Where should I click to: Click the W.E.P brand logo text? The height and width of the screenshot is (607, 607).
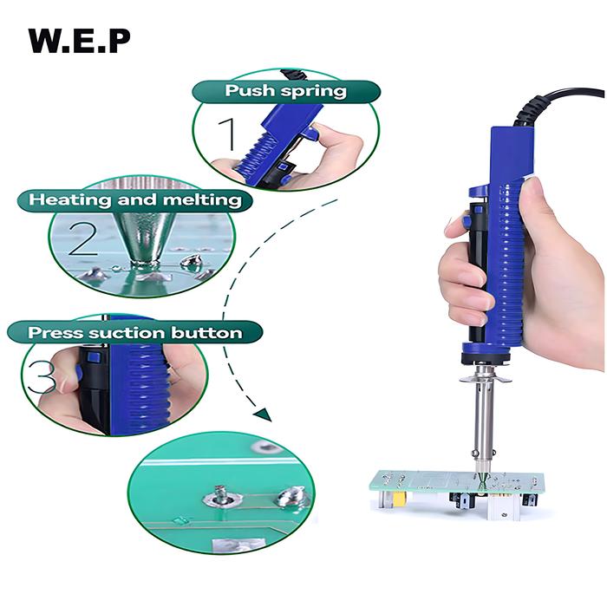(x=79, y=40)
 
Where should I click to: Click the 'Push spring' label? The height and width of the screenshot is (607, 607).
(x=285, y=91)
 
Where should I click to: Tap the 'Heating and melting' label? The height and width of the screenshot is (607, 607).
(x=135, y=199)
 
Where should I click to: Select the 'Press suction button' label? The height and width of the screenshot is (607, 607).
(x=134, y=332)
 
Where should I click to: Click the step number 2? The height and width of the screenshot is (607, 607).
(x=82, y=238)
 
